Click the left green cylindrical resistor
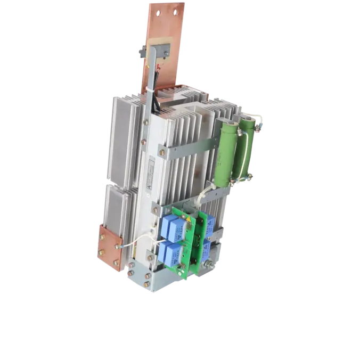point(225,152)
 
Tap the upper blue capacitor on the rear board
point(209,224)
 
